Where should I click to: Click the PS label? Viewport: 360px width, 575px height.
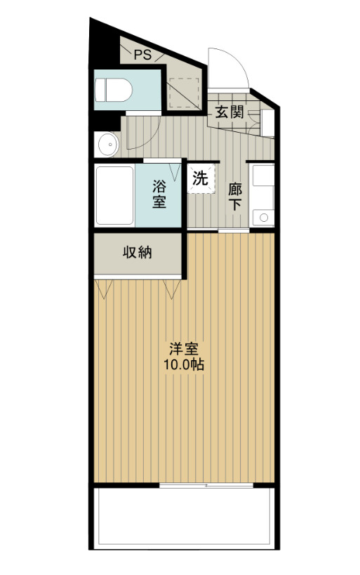click(x=143, y=54)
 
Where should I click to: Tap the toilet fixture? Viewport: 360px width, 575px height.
click(x=114, y=90)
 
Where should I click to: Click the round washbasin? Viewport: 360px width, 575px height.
click(x=107, y=145)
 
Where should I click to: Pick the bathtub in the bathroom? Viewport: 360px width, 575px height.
click(x=114, y=195)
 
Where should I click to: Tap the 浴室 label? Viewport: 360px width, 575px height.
click(x=159, y=194)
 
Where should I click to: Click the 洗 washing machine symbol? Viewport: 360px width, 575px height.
click(x=201, y=178)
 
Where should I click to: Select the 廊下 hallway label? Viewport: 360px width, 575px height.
click(x=235, y=196)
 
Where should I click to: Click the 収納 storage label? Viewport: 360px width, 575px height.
click(x=138, y=253)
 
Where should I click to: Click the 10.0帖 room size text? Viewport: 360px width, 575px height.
click(x=184, y=365)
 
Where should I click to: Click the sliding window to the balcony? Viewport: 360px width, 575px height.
click(x=206, y=485)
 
